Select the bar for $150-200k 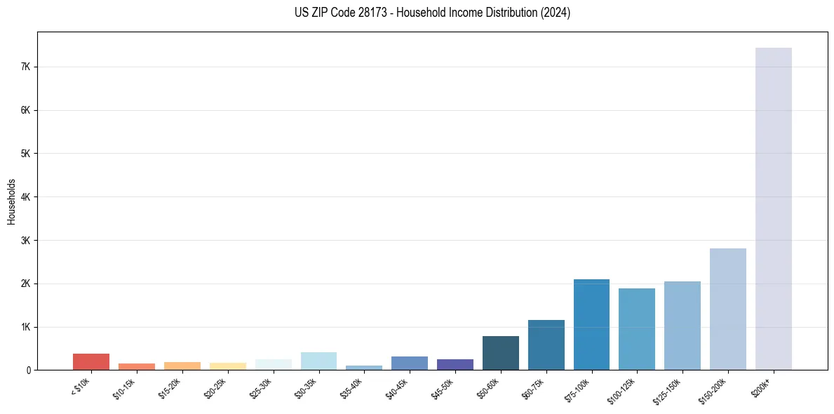727,309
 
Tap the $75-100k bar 591,324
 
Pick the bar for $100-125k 637,329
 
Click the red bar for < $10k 91,361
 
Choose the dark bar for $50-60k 501,353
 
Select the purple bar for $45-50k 455,364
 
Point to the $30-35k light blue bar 318,361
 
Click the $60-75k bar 546,345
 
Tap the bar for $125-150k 682,326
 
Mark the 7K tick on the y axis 27,67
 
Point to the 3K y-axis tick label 27,240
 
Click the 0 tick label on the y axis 29,370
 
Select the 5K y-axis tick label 27,154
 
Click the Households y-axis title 12,201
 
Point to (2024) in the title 554,13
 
